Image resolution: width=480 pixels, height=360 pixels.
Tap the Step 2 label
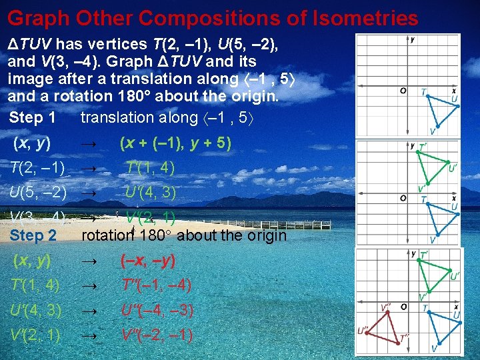point(33,235)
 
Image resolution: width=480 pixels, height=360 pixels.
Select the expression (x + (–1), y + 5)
point(175,143)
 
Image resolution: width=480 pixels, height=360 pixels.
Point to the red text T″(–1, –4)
point(157,285)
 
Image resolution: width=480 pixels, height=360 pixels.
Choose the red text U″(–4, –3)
point(157,311)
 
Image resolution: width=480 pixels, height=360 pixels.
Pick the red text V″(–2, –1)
point(157,335)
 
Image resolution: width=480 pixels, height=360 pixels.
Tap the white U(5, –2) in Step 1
point(38,193)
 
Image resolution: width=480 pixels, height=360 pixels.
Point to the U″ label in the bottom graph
point(363,330)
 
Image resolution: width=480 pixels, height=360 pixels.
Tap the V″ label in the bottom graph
point(386,308)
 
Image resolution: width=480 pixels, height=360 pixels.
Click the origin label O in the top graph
point(403,91)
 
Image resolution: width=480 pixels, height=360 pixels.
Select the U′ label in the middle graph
point(453,168)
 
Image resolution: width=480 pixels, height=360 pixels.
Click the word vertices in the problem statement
point(119,45)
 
